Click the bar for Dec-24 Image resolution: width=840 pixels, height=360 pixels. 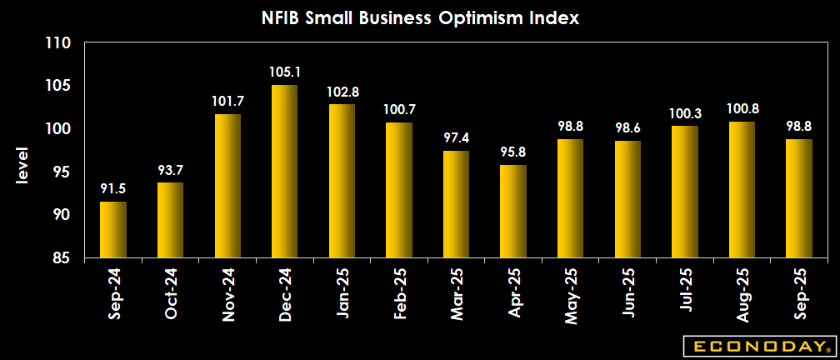[x=284, y=172]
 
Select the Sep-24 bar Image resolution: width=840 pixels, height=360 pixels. [x=112, y=229]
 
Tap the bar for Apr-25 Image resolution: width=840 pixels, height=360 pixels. [x=513, y=211]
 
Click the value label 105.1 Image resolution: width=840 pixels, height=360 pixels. [x=284, y=72]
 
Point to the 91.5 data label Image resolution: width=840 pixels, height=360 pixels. [x=112, y=188]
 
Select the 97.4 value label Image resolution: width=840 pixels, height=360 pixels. [x=456, y=137]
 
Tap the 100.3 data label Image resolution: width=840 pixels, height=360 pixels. [x=684, y=112]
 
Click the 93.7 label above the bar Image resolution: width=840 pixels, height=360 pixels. [x=170, y=169]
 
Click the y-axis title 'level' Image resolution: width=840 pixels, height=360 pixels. [x=22, y=166]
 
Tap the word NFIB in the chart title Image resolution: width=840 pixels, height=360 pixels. [x=282, y=17]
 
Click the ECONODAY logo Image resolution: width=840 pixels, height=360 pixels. [x=758, y=346]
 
